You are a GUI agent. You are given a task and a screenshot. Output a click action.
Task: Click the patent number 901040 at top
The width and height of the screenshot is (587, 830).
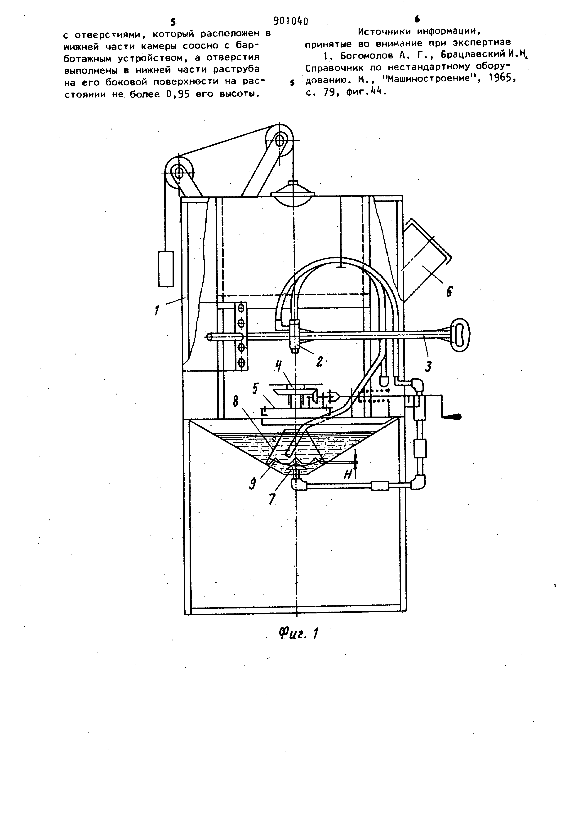tap(291, 21)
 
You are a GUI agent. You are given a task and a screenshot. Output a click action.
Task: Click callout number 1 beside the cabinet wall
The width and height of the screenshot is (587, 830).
tap(157, 310)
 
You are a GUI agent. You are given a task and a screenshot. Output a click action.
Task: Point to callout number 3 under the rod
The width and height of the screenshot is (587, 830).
tap(428, 367)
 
